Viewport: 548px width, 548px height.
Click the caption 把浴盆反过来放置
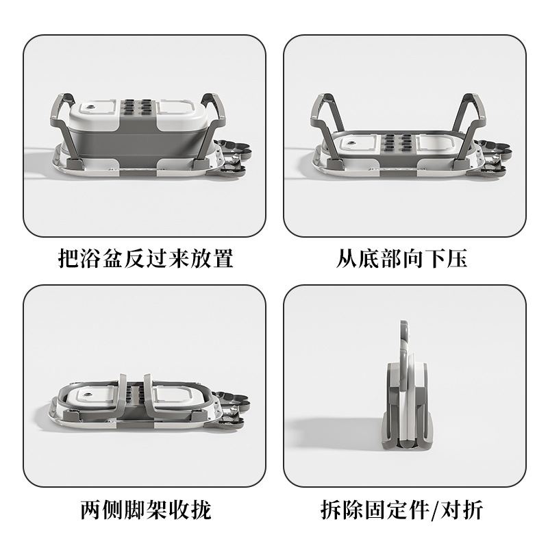click(145, 259)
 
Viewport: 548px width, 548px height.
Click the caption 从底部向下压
click(401, 259)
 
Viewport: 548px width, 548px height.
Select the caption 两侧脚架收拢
click(146, 510)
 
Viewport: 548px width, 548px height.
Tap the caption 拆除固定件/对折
click(401, 510)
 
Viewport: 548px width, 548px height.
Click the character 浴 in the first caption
click(91, 259)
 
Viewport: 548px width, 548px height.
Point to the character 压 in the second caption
click(457, 259)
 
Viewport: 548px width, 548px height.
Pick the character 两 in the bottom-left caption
click(91, 510)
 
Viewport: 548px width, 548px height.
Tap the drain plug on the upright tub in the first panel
click(92, 108)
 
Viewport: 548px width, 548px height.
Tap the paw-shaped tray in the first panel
click(232, 157)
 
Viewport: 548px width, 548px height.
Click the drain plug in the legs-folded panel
click(88, 395)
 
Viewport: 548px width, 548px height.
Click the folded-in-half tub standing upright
click(408, 388)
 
